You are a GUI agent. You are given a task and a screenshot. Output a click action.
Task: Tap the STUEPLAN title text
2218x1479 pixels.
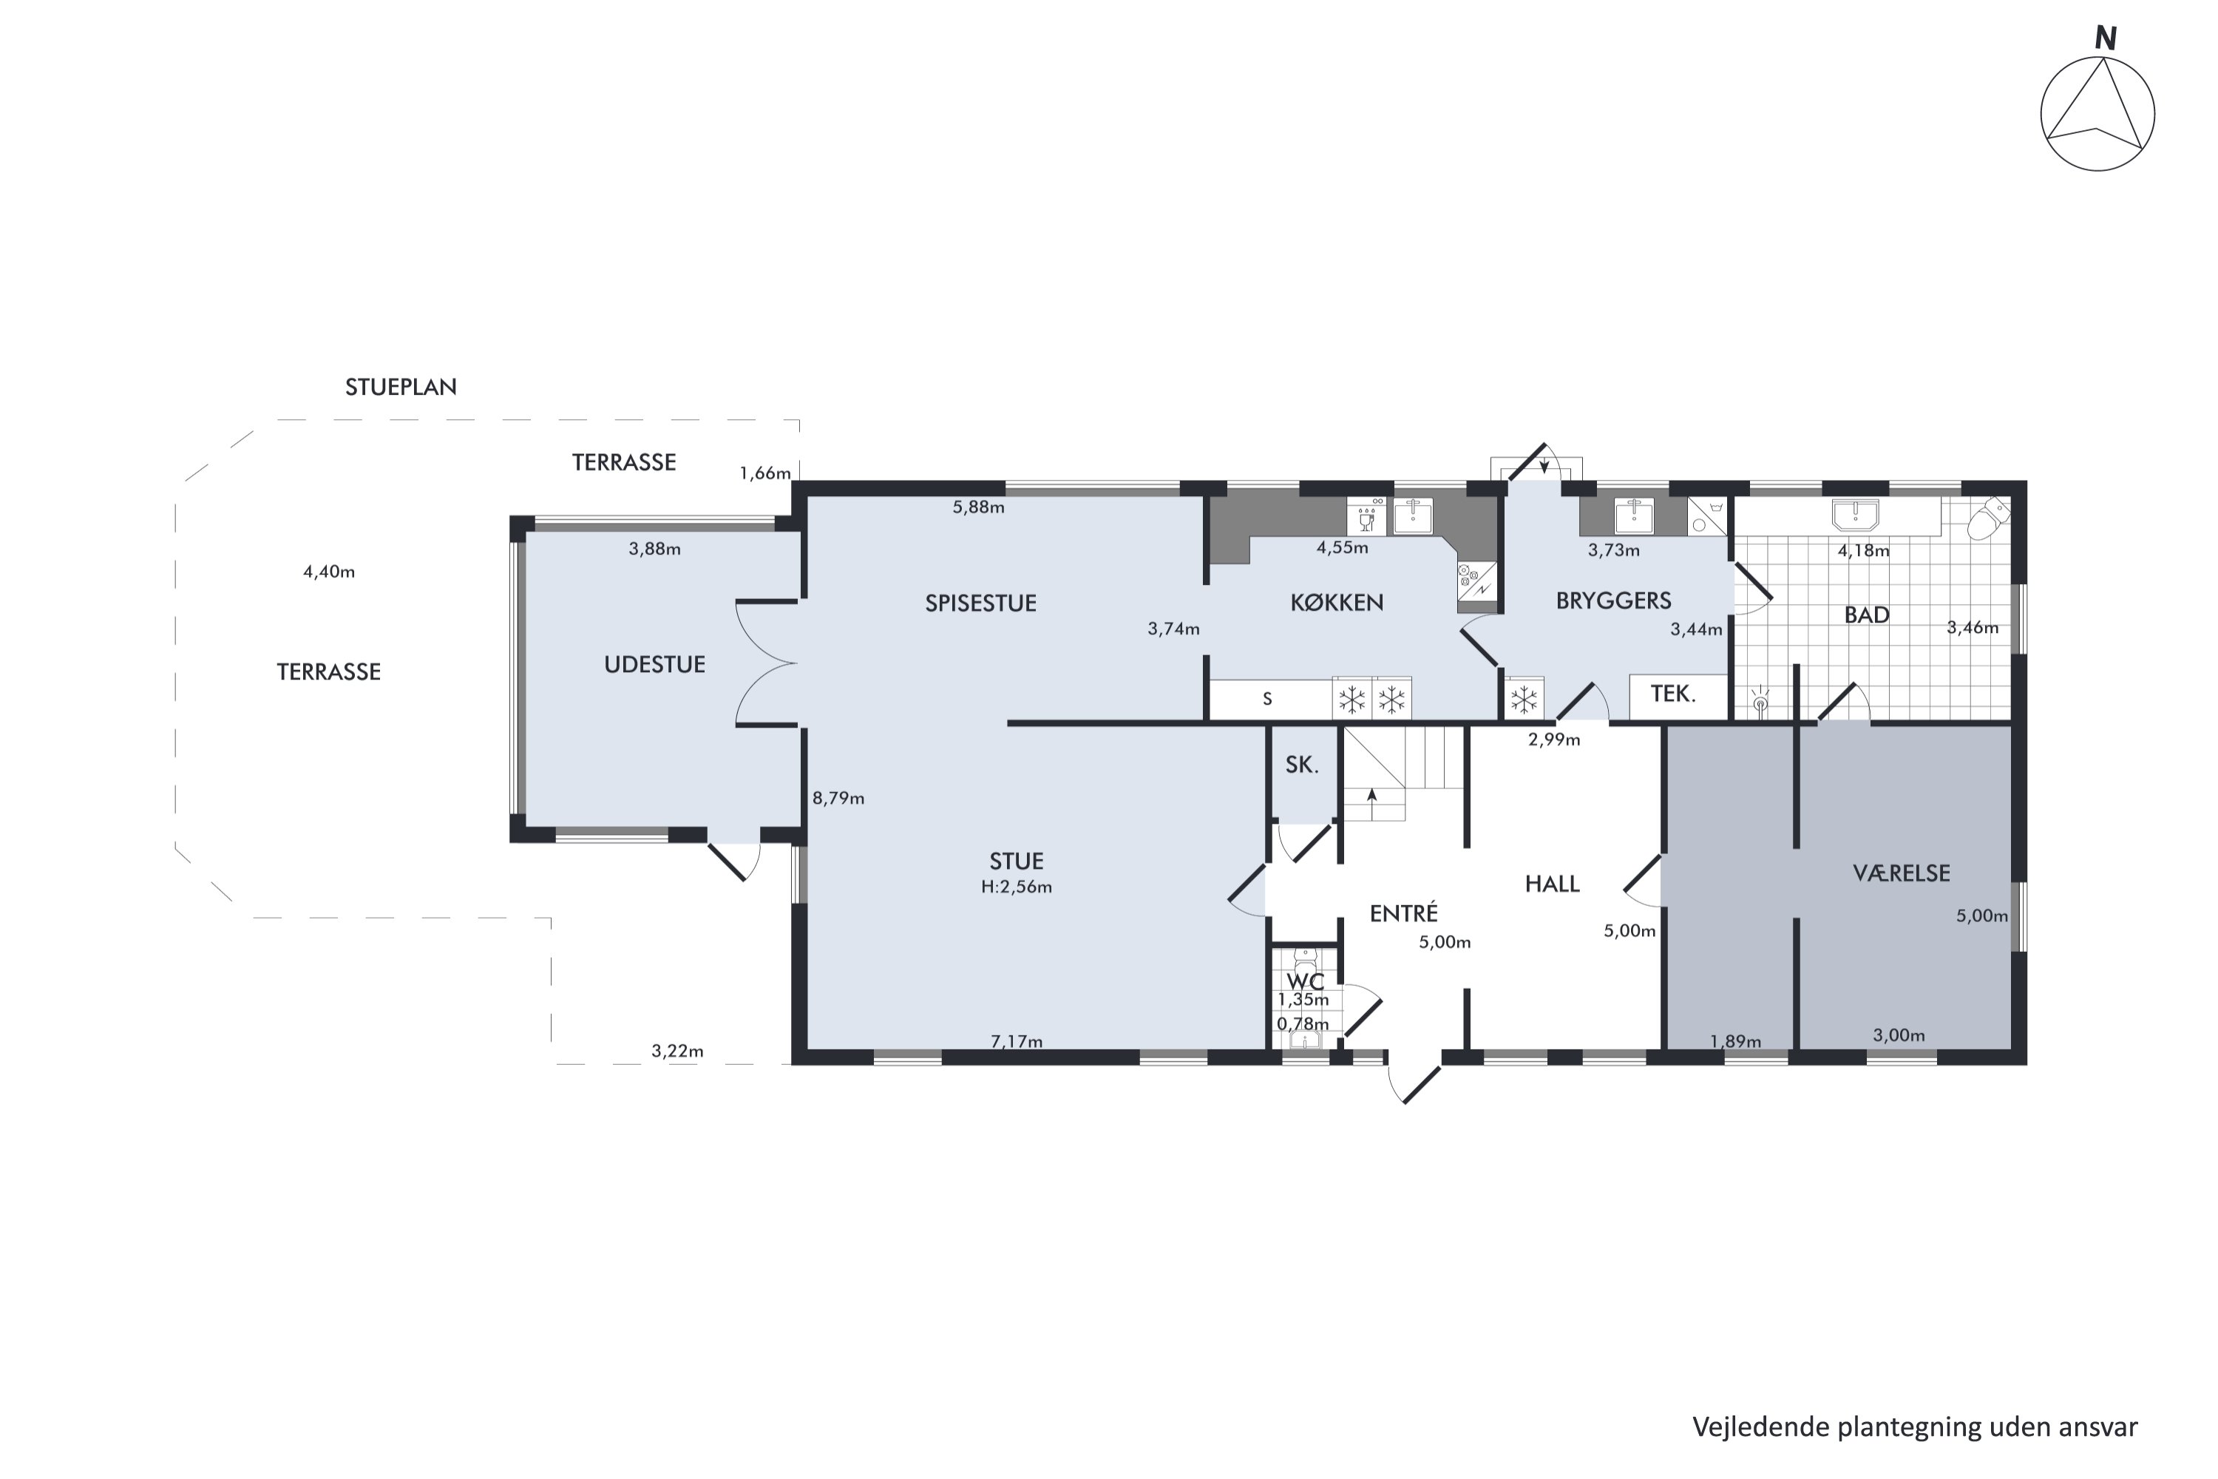(x=401, y=387)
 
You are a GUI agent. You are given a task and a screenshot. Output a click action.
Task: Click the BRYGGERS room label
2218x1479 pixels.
(x=1613, y=600)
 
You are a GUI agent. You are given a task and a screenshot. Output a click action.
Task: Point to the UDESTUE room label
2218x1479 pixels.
(x=654, y=665)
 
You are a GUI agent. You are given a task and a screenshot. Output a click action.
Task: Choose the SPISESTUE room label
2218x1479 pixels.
(x=981, y=603)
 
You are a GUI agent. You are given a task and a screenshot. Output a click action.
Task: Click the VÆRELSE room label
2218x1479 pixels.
(x=1901, y=873)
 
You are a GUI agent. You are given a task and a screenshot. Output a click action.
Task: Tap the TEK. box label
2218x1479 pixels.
(x=1673, y=694)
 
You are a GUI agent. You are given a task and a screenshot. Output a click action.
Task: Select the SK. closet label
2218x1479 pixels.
(x=1301, y=765)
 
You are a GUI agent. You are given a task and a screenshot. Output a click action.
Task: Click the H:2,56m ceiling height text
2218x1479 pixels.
(x=1017, y=887)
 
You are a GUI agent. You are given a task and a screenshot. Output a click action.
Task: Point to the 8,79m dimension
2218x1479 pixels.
(x=838, y=798)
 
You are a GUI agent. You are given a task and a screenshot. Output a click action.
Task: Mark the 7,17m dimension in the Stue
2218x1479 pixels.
(x=1017, y=1041)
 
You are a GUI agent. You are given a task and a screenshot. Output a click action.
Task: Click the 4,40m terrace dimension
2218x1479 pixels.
(x=329, y=572)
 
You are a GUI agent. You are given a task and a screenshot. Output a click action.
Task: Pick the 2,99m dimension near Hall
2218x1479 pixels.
(x=1554, y=739)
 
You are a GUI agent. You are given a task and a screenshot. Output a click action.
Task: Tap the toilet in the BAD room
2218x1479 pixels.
(x=1988, y=518)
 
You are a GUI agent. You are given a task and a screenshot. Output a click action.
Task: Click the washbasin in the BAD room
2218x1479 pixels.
(x=1855, y=515)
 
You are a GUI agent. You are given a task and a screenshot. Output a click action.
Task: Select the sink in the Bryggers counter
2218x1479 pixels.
(x=1633, y=515)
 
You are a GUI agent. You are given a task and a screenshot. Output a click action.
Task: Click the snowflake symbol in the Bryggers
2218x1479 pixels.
(x=1524, y=700)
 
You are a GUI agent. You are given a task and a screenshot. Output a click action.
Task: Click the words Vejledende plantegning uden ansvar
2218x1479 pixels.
(x=1914, y=1427)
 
